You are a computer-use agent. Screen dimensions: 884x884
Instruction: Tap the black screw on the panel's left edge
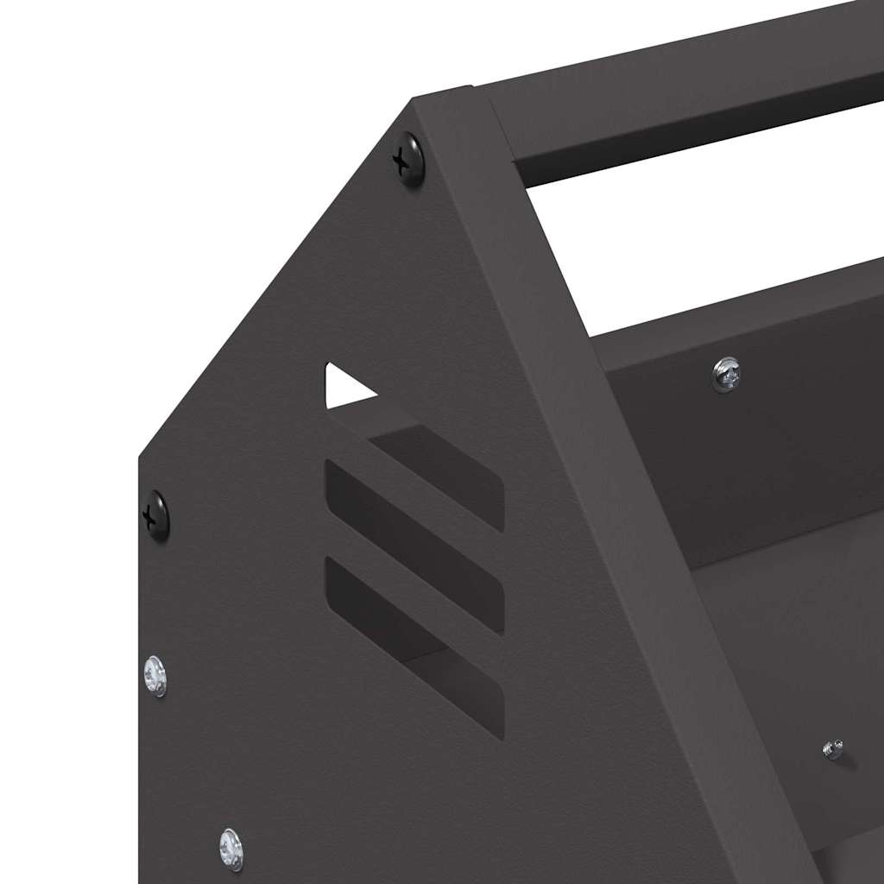(x=156, y=515)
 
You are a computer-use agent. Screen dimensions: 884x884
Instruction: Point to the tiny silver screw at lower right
(x=833, y=749)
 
